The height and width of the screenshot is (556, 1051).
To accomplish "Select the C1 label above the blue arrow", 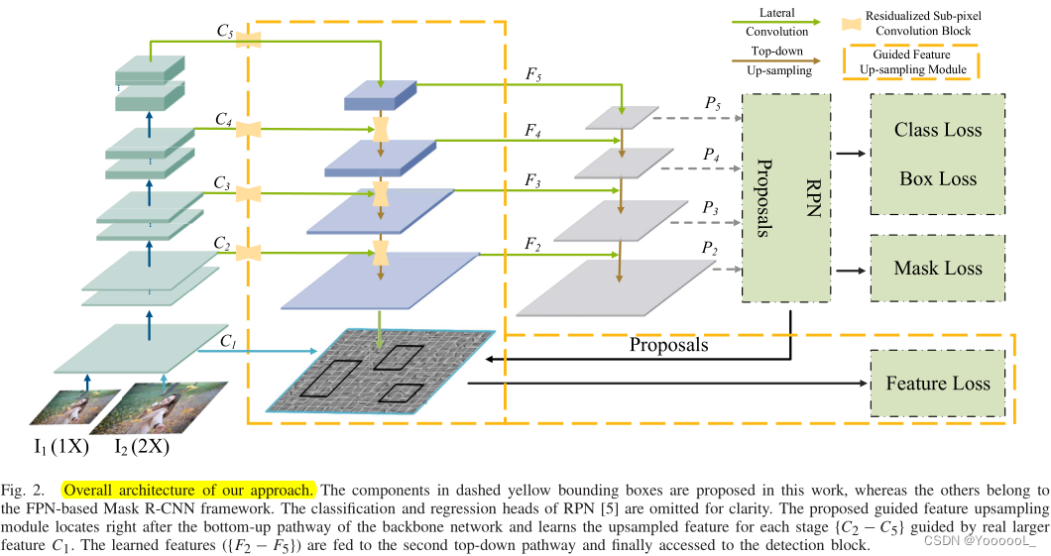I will (227, 341).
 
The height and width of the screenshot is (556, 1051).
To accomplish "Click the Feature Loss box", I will (938, 384).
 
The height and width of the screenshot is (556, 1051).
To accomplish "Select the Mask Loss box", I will (938, 268).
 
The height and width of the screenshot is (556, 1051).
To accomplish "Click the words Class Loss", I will (938, 130).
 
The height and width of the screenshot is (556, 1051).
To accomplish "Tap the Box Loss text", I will (938, 179).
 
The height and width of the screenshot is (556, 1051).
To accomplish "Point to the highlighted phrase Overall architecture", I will (189, 490).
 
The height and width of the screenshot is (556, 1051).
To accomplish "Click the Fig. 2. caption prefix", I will (24, 490).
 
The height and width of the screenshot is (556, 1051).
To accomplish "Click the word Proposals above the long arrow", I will (668, 346).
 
